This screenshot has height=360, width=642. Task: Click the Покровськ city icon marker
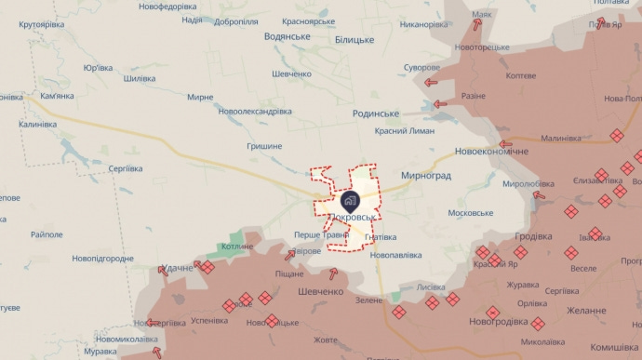tap(350, 199)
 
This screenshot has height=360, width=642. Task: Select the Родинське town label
tap(376, 113)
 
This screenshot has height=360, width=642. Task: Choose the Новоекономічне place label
tap(491, 152)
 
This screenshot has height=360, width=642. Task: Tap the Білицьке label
tap(354, 40)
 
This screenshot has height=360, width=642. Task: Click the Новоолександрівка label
tap(255, 111)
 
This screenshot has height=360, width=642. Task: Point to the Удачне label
tap(178, 268)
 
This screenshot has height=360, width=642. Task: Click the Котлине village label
tap(237, 247)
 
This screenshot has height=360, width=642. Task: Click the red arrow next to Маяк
tap(477, 25)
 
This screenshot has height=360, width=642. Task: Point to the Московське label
tap(470, 213)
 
